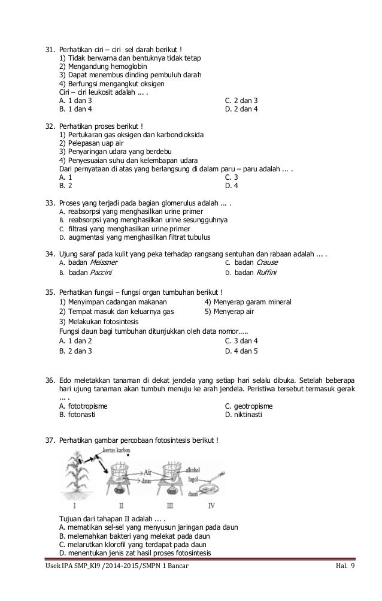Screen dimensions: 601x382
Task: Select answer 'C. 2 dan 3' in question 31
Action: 241,100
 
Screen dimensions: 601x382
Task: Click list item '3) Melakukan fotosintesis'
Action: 103,321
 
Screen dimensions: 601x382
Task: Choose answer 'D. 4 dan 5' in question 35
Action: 241,351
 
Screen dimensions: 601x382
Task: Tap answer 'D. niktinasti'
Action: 244,414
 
